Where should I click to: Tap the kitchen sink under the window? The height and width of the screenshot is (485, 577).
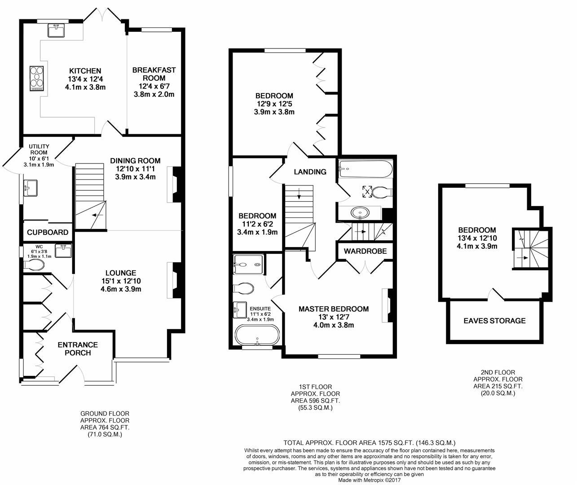coord(57,30)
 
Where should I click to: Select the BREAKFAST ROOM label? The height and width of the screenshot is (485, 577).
coord(154,74)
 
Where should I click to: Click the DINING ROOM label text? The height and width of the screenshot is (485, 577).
coord(135,161)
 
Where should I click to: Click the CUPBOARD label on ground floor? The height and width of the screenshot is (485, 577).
coord(48,233)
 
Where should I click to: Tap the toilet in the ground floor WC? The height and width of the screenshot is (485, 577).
coord(34,265)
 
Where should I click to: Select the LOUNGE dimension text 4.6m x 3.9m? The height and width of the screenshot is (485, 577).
coord(121,289)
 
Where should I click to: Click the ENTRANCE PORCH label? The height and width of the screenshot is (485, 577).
coord(78,349)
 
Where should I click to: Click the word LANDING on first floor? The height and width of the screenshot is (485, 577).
coord(310,172)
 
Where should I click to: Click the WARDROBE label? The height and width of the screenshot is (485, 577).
coord(365,251)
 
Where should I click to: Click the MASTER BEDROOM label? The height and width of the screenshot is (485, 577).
coord(334,309)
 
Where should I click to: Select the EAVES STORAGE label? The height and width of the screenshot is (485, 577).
coord(494,321)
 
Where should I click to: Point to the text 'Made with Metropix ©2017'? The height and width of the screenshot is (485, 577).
coord(369,480)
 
